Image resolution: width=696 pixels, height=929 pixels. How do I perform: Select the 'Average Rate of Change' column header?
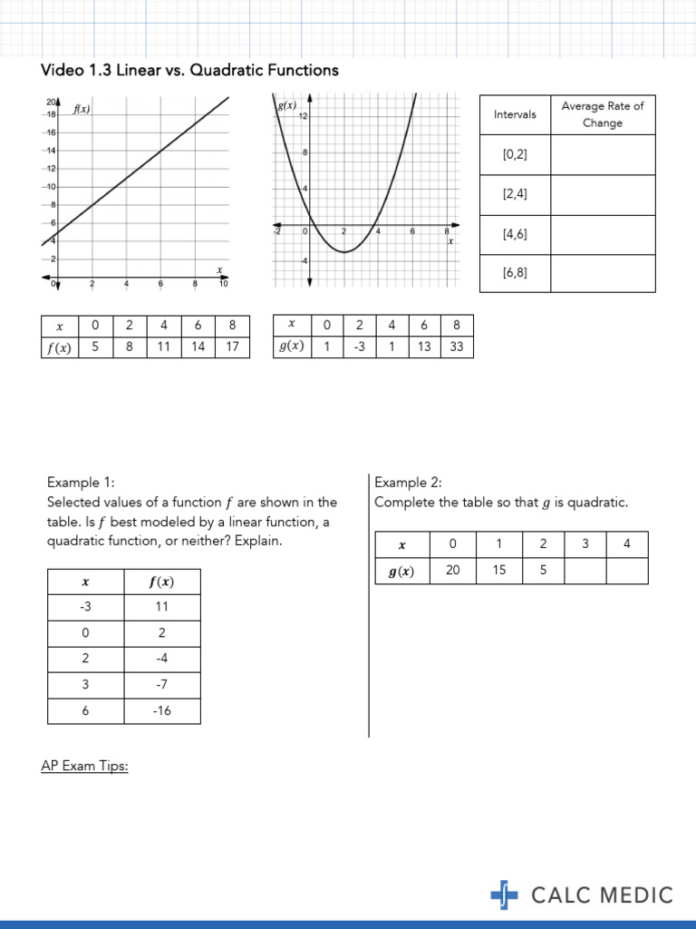coord(603,114)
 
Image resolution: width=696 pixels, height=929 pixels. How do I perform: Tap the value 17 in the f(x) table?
coord(232,346)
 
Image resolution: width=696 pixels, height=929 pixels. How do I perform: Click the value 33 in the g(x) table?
coord(456,346)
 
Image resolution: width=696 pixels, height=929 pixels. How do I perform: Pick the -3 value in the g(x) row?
coord(360,346)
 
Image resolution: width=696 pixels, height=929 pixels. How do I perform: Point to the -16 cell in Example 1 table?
coord(161,711)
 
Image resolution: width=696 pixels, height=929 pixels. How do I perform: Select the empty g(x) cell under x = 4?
coord(627,572)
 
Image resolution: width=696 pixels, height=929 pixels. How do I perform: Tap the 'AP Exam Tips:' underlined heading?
coord(84,767)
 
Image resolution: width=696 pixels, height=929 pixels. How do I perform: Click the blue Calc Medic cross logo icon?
coord(504,895)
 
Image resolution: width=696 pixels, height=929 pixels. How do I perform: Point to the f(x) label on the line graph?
coord(82,110)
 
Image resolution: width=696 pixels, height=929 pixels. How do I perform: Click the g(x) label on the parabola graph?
coord(287,106)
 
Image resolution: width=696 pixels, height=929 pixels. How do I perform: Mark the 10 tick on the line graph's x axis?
coord(224,285)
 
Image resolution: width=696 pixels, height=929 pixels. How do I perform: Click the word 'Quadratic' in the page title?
coord(223,70)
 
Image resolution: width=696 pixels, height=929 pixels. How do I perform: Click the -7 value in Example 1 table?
coord(161,684)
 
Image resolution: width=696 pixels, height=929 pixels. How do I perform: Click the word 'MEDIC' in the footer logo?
coord(633,895)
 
